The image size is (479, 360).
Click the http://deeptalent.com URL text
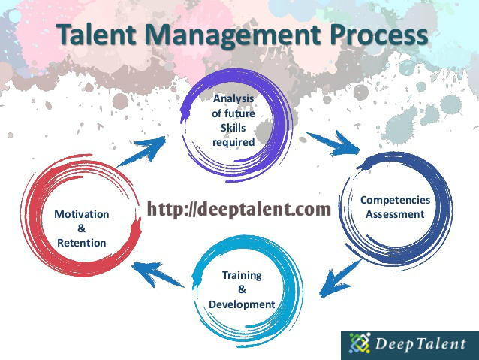click(239, 209)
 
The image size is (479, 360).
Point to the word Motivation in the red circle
click(81, 214)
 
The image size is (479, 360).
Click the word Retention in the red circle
click(81, 243)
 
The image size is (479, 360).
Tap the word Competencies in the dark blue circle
click(396, 200)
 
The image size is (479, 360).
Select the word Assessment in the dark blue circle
click(396, 214)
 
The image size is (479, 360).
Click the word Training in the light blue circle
click(241, 275)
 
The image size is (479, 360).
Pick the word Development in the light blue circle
click(241, 304)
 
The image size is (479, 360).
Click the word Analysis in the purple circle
click(233, 99)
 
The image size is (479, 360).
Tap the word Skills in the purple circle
click(233, 128)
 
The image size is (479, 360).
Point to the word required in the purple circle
click(233, 141)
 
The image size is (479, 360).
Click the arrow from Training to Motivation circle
click(158, 272)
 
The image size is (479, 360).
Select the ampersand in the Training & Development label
click(241, 289)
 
